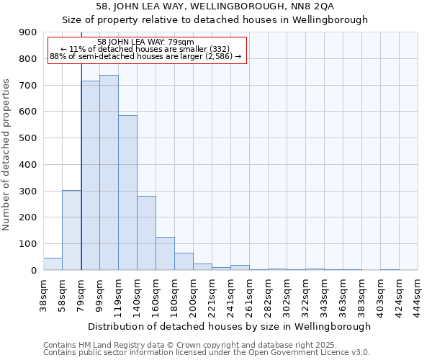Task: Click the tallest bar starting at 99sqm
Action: tap(109, 173)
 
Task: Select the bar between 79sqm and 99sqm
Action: tap(90, 176)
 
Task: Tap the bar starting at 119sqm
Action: tap(127, 193)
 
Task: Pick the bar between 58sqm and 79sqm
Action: tap(71, 230)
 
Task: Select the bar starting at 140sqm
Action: tap(146, 233)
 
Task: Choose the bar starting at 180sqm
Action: tap(184, 261)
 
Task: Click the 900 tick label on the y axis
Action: tap(28, 32)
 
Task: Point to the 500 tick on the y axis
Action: tap(28, 138)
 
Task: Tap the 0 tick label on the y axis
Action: tap(34, 271)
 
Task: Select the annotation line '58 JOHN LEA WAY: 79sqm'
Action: tap(145, 42)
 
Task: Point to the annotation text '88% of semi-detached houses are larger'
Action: tap(145, 56)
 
